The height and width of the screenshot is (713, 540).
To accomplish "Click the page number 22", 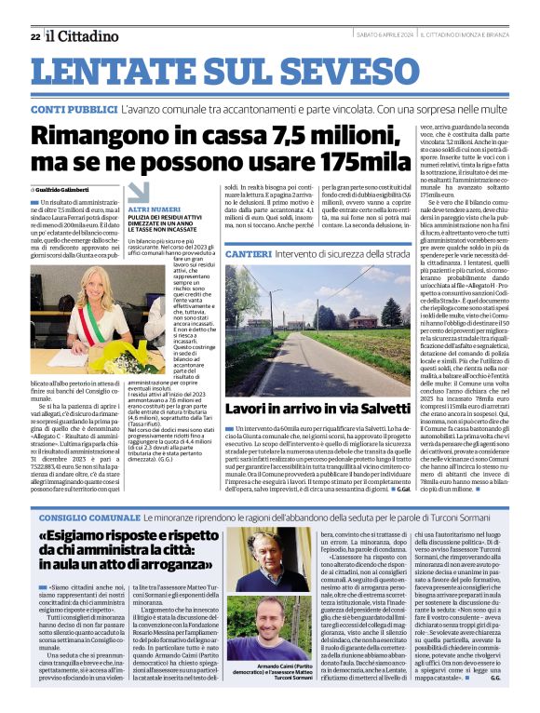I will (35, 36).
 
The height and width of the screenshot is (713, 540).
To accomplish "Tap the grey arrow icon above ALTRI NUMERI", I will (139, 190).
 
